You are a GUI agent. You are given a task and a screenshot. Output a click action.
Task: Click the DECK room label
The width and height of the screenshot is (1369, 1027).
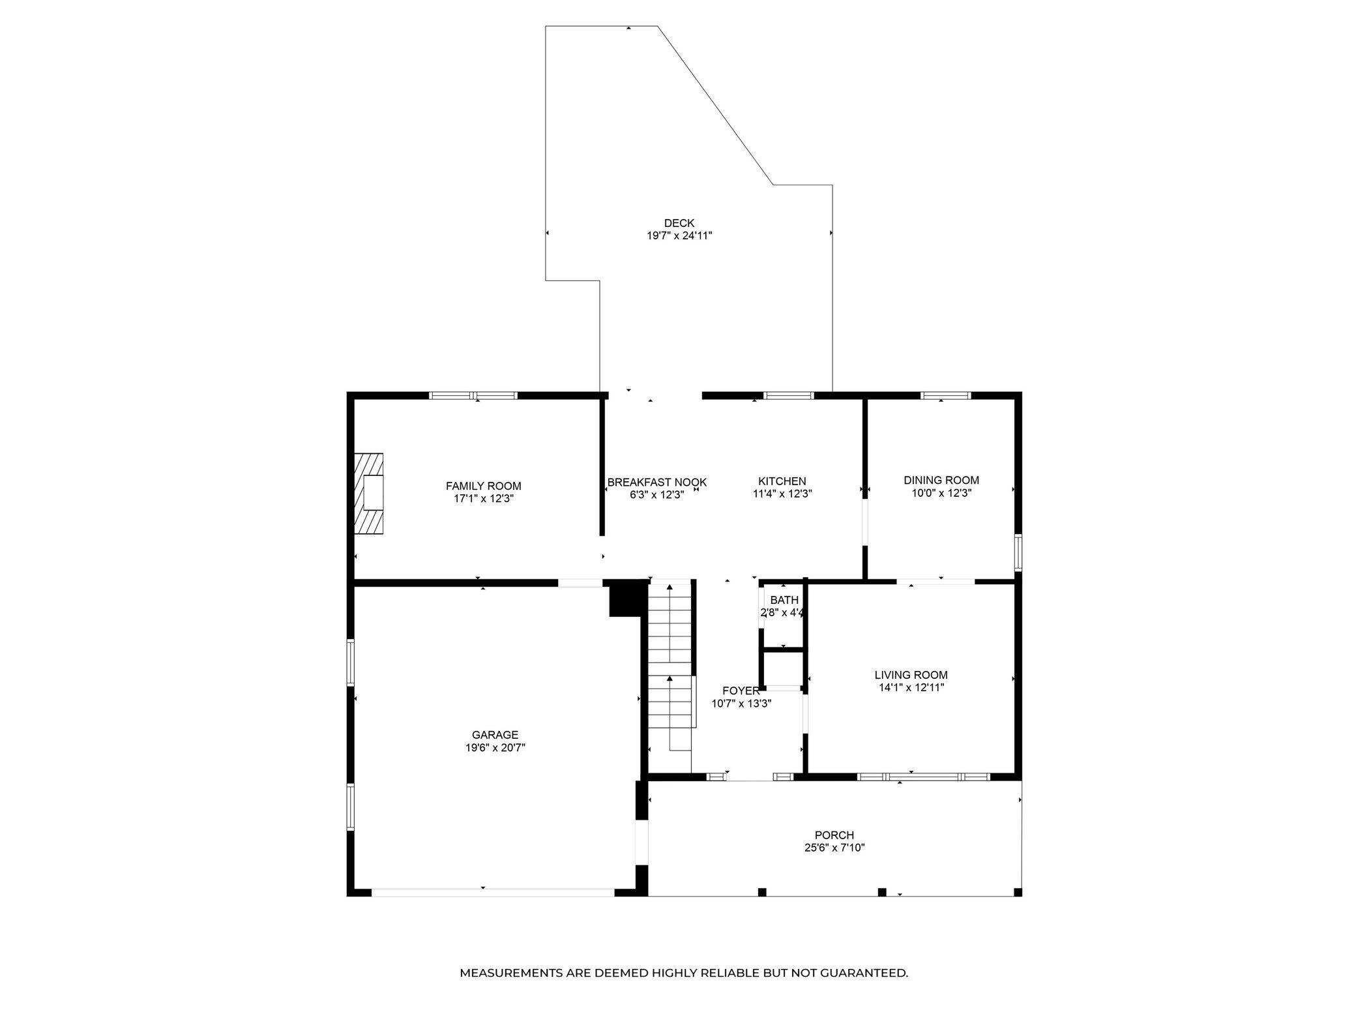pyautogui.click(x=679, y=223)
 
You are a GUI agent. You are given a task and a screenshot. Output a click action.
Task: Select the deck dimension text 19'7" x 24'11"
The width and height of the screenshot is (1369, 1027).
pyautogui.click(x=679, y=236)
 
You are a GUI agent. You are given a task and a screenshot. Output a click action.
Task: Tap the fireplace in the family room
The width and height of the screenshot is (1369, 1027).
pyautogui.click(x=369, y=494)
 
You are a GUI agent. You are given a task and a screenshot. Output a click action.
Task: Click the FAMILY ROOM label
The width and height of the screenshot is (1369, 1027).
pyautogui.click(x=483, y=486)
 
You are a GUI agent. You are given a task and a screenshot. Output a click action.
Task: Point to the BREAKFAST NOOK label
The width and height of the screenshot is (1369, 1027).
pyautogui.click(x=656, y=483)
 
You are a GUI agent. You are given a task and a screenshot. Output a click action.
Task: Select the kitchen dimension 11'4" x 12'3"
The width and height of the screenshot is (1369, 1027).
pyautogui.click(x=782, y=494)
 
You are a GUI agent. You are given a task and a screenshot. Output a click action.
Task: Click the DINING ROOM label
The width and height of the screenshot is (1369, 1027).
pyautogui.click(x=941, y=481)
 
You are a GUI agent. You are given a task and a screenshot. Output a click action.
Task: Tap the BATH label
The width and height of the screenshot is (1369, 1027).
pyautogui.click(x=784, y=600)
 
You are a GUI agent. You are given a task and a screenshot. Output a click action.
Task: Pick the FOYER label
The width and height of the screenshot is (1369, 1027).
pyautogui.click(x=741, y=691)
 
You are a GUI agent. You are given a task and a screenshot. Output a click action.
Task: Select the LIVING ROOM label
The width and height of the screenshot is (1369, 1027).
pyautogui.click(x=911, y=675)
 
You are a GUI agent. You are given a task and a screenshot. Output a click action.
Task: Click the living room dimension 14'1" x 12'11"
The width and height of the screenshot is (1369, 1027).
pyautogui.click(x=911, y=687)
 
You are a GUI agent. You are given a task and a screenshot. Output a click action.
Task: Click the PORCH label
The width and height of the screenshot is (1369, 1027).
pyautogui.click(x=834, y=835)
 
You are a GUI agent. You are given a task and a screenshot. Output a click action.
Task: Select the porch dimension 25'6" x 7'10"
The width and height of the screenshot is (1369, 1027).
pyautogui.click(x=834, y=848)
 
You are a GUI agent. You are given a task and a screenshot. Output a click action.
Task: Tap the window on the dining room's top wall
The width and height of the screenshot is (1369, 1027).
pyautogui.click(x=945, y=395)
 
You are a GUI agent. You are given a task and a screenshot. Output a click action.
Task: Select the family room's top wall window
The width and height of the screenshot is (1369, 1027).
pyautogui.click(x=473, y=395)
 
